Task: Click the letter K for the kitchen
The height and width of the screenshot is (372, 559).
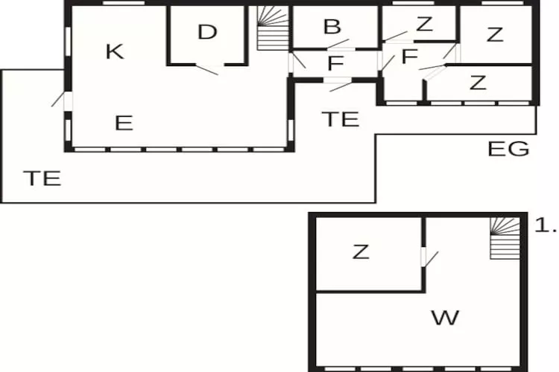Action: pyautogui.click(x=115, y=51)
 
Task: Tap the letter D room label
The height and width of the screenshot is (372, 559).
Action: pyautogui.click(x=207, y=32)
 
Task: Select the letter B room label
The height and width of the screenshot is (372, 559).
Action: pyautogui.click(x=332, y=27)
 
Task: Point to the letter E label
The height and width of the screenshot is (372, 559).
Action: pyautogui.click(x=124, y=123)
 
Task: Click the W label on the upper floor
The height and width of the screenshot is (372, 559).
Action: pyautogui.click(x=445, y=318)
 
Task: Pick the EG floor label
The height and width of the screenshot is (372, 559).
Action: pyautogui.click(x=508, y=149)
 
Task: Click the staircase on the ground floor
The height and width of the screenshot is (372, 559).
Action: pyautogui.click(x=273, y=28)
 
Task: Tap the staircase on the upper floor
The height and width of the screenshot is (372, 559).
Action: pyautogui.click(x=505, y=238)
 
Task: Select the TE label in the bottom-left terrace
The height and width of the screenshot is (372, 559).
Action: pyautogui.click(x=42, y=179)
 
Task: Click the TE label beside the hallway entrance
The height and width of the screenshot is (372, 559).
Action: pyautogui.click(x=341, y=119)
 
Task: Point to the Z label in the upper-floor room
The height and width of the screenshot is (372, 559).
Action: pyautogui.click(x=361, y=251)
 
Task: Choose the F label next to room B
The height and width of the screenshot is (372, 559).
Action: pyautogui.click(x=335, y=63)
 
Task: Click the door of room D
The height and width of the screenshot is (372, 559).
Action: pyautogui.click(x=207, y=70)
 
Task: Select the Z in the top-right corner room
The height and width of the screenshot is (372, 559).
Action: pyautogui.click(x=495, y=35)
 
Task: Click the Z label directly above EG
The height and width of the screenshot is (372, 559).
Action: pyautogui.click(x=478, y=83)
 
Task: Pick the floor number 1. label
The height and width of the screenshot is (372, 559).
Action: pyautogui.click(x=546, y=225)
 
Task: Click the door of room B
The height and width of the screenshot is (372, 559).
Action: pyautogui.click(x=338, y=44)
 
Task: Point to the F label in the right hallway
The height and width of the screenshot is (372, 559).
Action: pyautogui.click(x=409, y=57)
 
